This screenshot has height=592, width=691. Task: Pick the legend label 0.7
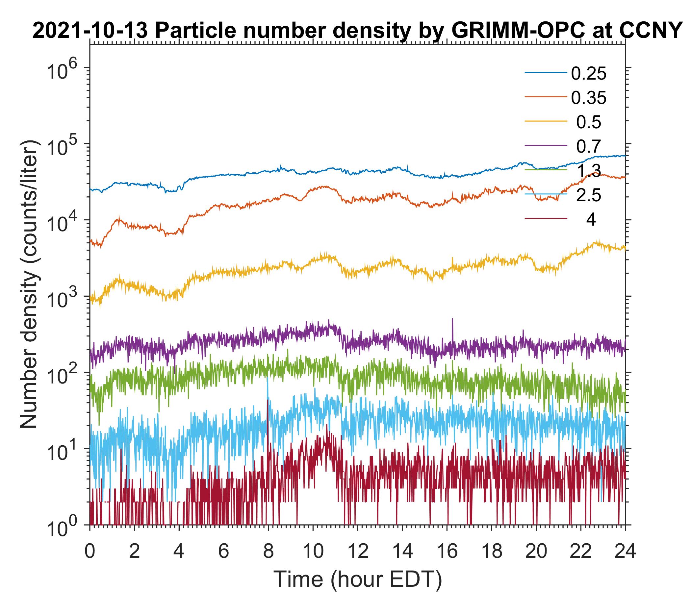(x=589, y=146)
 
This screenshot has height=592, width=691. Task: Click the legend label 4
(x=591, y=220)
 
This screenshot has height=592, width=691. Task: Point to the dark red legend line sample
(x=546, y=219)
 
